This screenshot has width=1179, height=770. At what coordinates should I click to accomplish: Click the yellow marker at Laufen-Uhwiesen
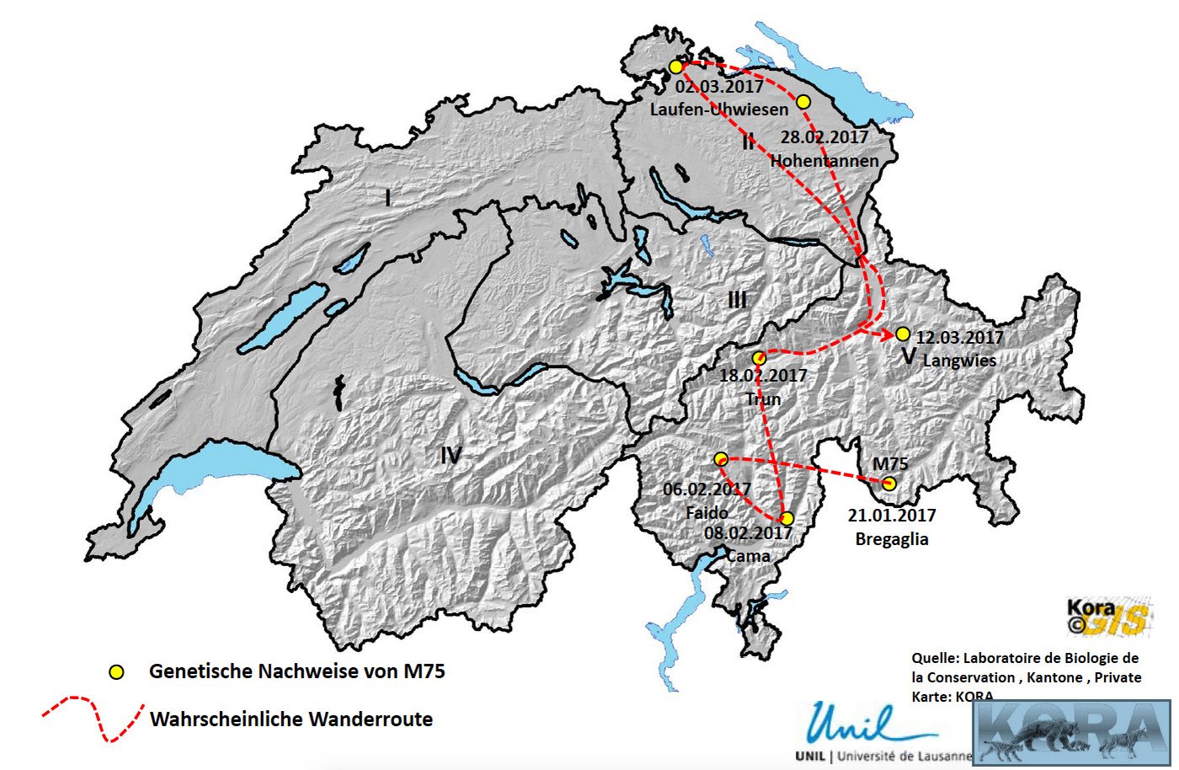[675, 67]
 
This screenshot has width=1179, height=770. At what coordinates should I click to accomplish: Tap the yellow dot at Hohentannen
[803, 102]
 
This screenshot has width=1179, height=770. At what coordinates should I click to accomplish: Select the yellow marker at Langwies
[903, 334]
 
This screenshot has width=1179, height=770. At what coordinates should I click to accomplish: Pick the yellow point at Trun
[759, 358]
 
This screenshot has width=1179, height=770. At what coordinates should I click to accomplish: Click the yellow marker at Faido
[721, 459]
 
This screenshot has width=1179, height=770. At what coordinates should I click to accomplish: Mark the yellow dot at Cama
[787, 518]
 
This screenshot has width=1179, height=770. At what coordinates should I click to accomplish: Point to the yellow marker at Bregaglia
[888, 483]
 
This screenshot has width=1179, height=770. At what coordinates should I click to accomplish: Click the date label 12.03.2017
[960, 338]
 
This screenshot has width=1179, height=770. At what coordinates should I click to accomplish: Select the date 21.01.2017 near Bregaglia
[892, 516]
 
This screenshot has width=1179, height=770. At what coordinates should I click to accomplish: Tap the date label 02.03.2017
[720, 86]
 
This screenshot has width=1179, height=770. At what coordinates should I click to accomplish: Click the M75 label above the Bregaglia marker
[890, 463]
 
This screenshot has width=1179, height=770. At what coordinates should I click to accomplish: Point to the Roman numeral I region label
[387, 199]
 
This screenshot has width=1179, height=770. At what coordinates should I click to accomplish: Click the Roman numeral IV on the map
[451, 456]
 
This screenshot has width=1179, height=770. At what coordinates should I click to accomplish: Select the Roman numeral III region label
[737, 300]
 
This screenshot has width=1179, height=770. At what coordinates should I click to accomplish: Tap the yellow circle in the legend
[117, 672]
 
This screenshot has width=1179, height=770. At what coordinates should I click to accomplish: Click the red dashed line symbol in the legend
[93, 719]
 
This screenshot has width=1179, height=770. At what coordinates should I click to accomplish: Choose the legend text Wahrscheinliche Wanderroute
[291, 719]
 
